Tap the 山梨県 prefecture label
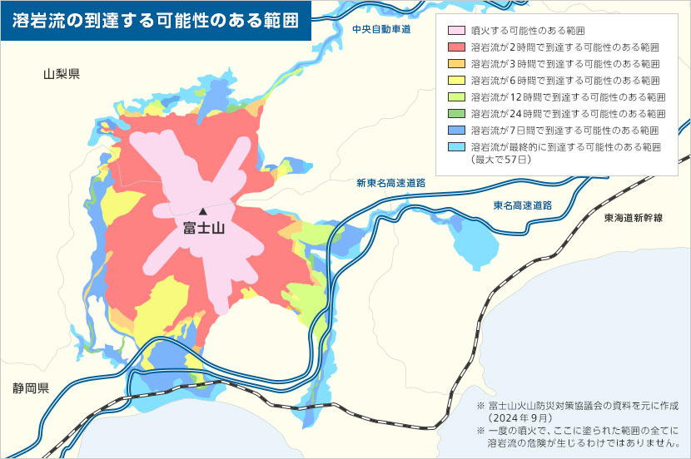[62, 75]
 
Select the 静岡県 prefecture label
[31, 388]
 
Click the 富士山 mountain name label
[204, 228]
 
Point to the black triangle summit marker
[202, 211]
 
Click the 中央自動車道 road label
[381, 29]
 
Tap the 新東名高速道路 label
[390, 183]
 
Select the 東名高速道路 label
[523, 205]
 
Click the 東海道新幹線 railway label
[634, 217]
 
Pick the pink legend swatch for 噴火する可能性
[456, 31]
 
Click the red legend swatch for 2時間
[456, 47]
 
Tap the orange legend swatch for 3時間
[456, 64]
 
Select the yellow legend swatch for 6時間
[456, 81]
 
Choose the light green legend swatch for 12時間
[456, 97]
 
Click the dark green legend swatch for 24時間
[456, 114]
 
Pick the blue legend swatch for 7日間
[456, 131]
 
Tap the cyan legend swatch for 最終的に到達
[456, 147]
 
